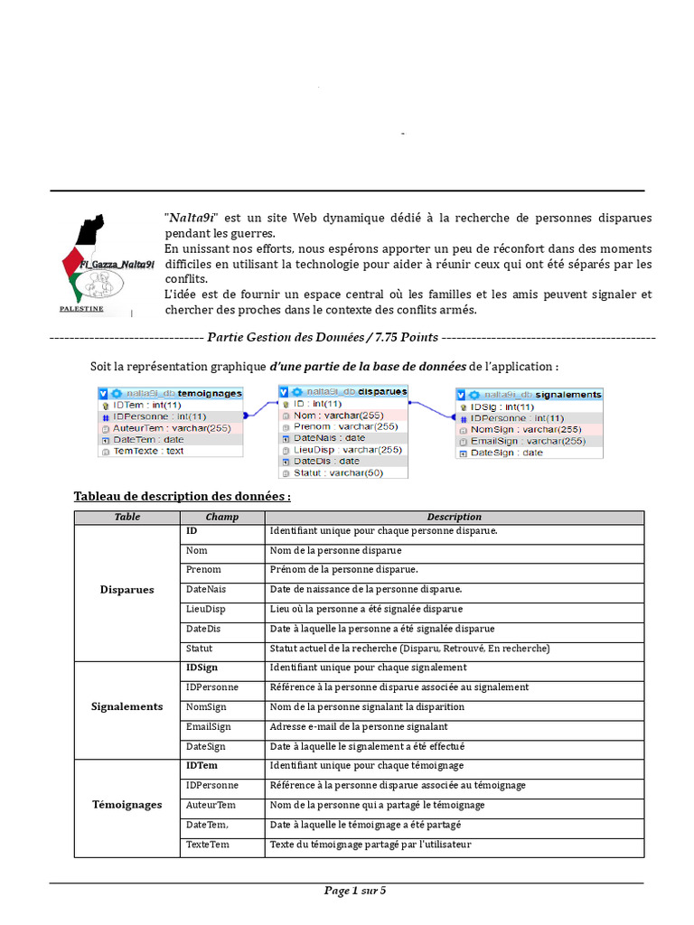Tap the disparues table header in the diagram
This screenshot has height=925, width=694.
[x=343, y=391]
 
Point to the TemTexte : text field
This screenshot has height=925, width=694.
[x=148, y=451]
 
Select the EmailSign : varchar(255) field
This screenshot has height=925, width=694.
[x=528, y=441]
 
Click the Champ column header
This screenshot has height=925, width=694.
[x=222, y=518]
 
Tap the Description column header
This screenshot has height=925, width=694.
[x=454, y=518]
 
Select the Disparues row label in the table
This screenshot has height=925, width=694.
[x=127, y=590]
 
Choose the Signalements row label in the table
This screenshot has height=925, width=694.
[x=127, y=707]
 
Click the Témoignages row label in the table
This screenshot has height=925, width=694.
[x=127, y=805]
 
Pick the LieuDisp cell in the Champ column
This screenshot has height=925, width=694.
[x=206, y=610]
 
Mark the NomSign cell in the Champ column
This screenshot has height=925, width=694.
[x=206, y=707]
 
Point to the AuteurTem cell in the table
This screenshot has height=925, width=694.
[x=211, y=805]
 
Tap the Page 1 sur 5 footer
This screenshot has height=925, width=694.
[x=355, y=891]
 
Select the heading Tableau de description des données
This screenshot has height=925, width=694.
[x=183, y=497]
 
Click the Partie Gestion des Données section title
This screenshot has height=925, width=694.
[x=323, y=338]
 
